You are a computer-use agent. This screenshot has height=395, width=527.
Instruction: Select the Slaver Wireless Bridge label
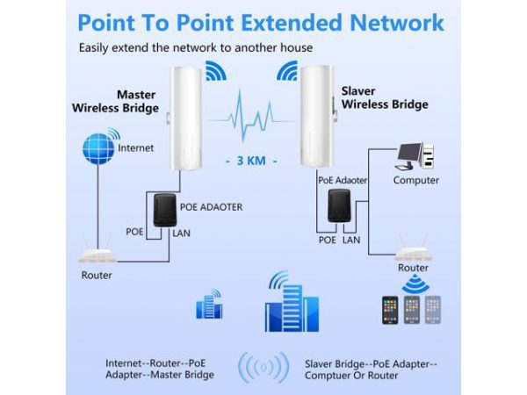pyautogui.click(x=384, y=97)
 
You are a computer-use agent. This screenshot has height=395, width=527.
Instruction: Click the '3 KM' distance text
pyautogui.click(x=250, y=161)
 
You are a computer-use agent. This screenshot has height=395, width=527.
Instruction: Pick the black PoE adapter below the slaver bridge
pyautogui.click(x=338, y=212)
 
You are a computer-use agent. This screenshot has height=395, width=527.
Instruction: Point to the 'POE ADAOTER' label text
pyautogui.click(x=211, y=207)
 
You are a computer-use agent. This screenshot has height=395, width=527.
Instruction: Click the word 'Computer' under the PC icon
pyautogui.click(x=415, y=181)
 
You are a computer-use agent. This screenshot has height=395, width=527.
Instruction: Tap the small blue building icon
pyautogui.click(x=210, y=305)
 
